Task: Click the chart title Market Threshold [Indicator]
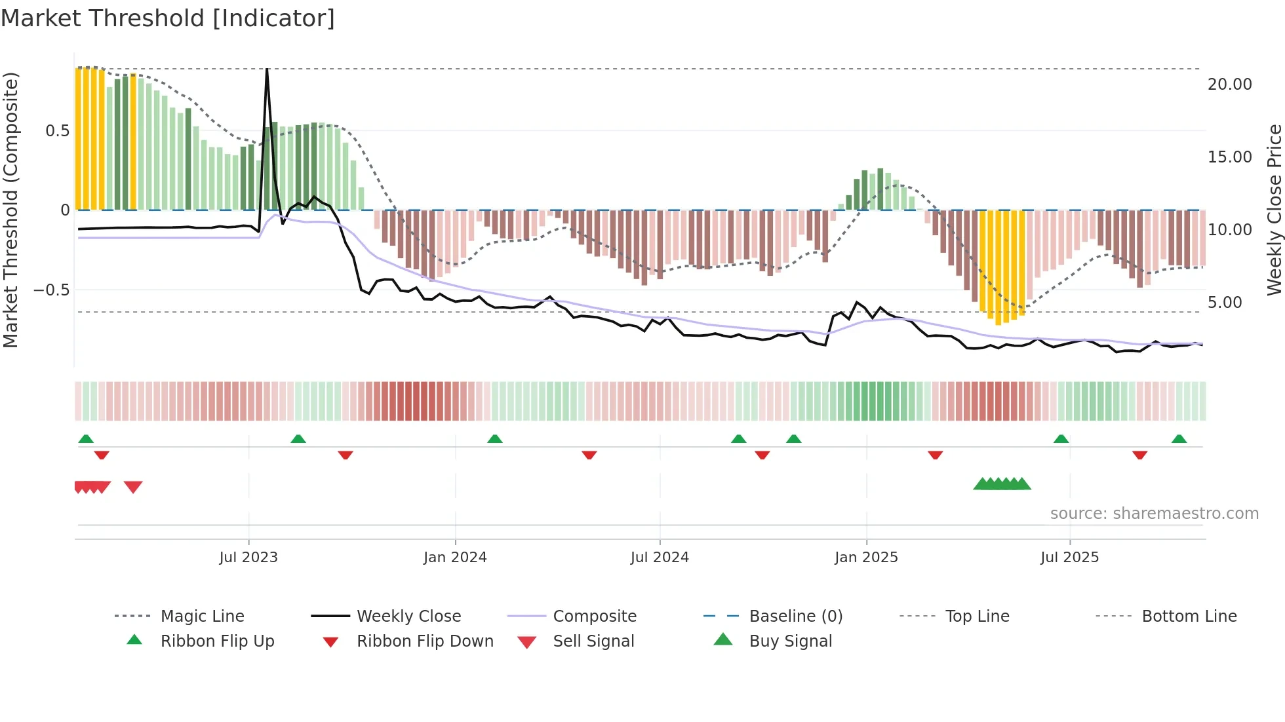coord(168,18)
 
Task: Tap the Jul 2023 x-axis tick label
coord(248,558)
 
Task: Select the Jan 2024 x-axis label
coord(455,558)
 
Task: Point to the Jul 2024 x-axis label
coord(660,558)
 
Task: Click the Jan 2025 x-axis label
coord(866,558)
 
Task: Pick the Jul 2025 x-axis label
coord(1069,558)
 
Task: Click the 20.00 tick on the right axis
coord(1229,85)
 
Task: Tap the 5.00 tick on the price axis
coord(1225,303)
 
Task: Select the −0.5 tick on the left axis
coord(52,290)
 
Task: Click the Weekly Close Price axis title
coord(1274,210)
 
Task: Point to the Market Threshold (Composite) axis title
coord(10,210)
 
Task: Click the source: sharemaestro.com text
coord(1154,514)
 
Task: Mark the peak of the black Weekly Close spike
coord(267,69)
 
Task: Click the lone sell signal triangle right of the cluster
coord(133,487)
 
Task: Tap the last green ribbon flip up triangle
coord(1179,439)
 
